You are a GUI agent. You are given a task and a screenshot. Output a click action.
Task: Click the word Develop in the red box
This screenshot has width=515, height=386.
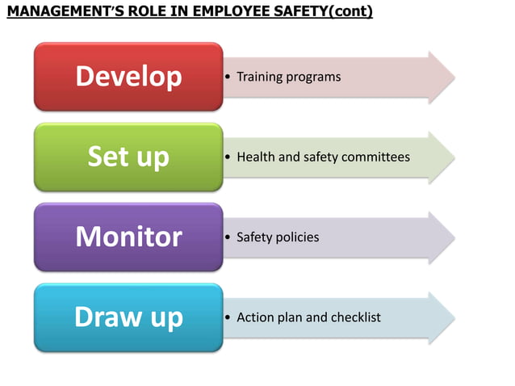pos(128,77)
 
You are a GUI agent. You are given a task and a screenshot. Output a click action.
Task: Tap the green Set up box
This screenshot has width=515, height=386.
pos(128,157)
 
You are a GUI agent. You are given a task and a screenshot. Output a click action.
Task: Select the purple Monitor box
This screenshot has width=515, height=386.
pos(128,237)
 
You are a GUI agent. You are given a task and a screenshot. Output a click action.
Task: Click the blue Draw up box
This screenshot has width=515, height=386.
pos(128,317)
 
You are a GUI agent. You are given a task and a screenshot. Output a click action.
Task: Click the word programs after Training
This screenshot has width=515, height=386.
pos(313,78)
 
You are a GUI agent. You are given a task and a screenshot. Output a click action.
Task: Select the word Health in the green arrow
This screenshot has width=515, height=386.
pos(255,157)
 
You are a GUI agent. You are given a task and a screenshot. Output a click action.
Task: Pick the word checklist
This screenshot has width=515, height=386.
pos(354,317)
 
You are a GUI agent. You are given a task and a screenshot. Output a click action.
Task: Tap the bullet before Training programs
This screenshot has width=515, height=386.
pos(229,78)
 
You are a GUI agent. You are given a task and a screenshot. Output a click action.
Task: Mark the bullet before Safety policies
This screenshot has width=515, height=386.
pos(229,237)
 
